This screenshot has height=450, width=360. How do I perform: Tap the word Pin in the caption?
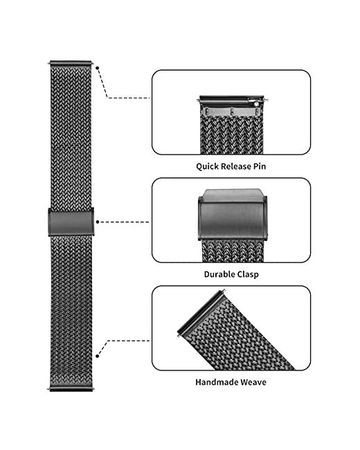[260, 166]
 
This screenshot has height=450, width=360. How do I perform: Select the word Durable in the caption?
[219, 274]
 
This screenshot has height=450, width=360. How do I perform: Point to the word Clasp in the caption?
[248, 274]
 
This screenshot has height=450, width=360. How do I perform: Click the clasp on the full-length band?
[71, 222]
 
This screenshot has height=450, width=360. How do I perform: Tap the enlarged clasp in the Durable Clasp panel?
[233, 215]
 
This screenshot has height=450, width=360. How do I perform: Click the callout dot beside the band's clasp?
[98, 222]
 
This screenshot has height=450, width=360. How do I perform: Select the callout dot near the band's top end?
[98, 69]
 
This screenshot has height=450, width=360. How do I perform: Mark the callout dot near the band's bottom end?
[98, 356]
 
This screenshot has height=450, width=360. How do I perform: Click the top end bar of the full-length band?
[71, 63]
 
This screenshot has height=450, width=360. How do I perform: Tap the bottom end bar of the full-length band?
[71, 389]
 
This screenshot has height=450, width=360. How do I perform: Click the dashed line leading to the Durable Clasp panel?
[125, 222]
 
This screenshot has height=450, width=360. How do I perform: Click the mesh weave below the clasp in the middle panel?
[233, 251]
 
